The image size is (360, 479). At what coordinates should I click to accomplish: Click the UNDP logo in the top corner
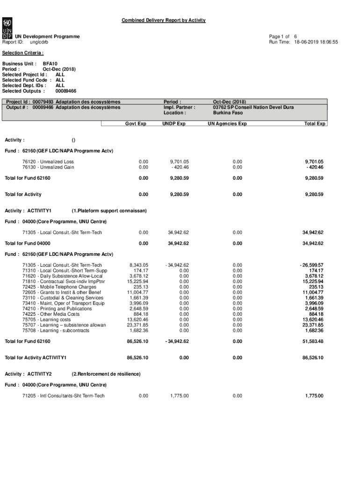click(x=7, y=28)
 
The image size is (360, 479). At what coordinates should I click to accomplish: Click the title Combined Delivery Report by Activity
click(x=163, y=20)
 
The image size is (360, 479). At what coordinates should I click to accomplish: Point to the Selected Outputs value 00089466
click(x=66, y=91)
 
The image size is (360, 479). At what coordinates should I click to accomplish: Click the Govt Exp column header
click(x=136, y=124)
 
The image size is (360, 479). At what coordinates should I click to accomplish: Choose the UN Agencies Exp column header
click(x=227, y=124)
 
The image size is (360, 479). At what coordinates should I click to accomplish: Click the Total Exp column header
click(x=314, y=124)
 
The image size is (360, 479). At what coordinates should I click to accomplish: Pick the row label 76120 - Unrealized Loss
click(x=48, y=161)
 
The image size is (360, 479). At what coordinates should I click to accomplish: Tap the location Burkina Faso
click(x=228, y=113)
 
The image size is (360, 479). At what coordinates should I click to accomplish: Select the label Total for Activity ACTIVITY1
click(x=36, y=358)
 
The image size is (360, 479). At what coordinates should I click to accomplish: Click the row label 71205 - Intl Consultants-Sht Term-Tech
click(x=63, y=396)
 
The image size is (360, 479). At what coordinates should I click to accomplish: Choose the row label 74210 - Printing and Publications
click(x=57, y=309)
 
